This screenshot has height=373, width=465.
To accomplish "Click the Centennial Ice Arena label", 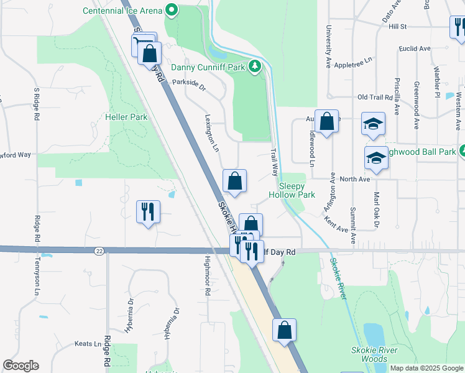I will pos(122,11).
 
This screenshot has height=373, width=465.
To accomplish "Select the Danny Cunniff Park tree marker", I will pos(254,67).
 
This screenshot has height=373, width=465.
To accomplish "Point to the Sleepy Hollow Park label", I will pos(292,190).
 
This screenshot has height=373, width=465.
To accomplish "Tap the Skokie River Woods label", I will pos(373,354).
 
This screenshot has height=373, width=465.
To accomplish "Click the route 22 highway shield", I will pos(99,251).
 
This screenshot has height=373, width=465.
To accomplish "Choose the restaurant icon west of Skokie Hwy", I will pos(149,211).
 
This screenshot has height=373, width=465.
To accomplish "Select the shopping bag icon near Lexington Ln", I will pos(234,182).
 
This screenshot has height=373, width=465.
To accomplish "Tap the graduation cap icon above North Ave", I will pos(376,159).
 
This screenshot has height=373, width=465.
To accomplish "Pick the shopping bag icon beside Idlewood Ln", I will pos(326,121).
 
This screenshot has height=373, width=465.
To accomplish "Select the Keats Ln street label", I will pos(88,344).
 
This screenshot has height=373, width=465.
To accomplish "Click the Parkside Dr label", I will pos(188,83).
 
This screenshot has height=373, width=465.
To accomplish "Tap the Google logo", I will pos(21,366).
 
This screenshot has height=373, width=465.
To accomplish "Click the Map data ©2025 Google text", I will pos(426,368).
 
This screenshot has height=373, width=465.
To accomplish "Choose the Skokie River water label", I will pos(339,279).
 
